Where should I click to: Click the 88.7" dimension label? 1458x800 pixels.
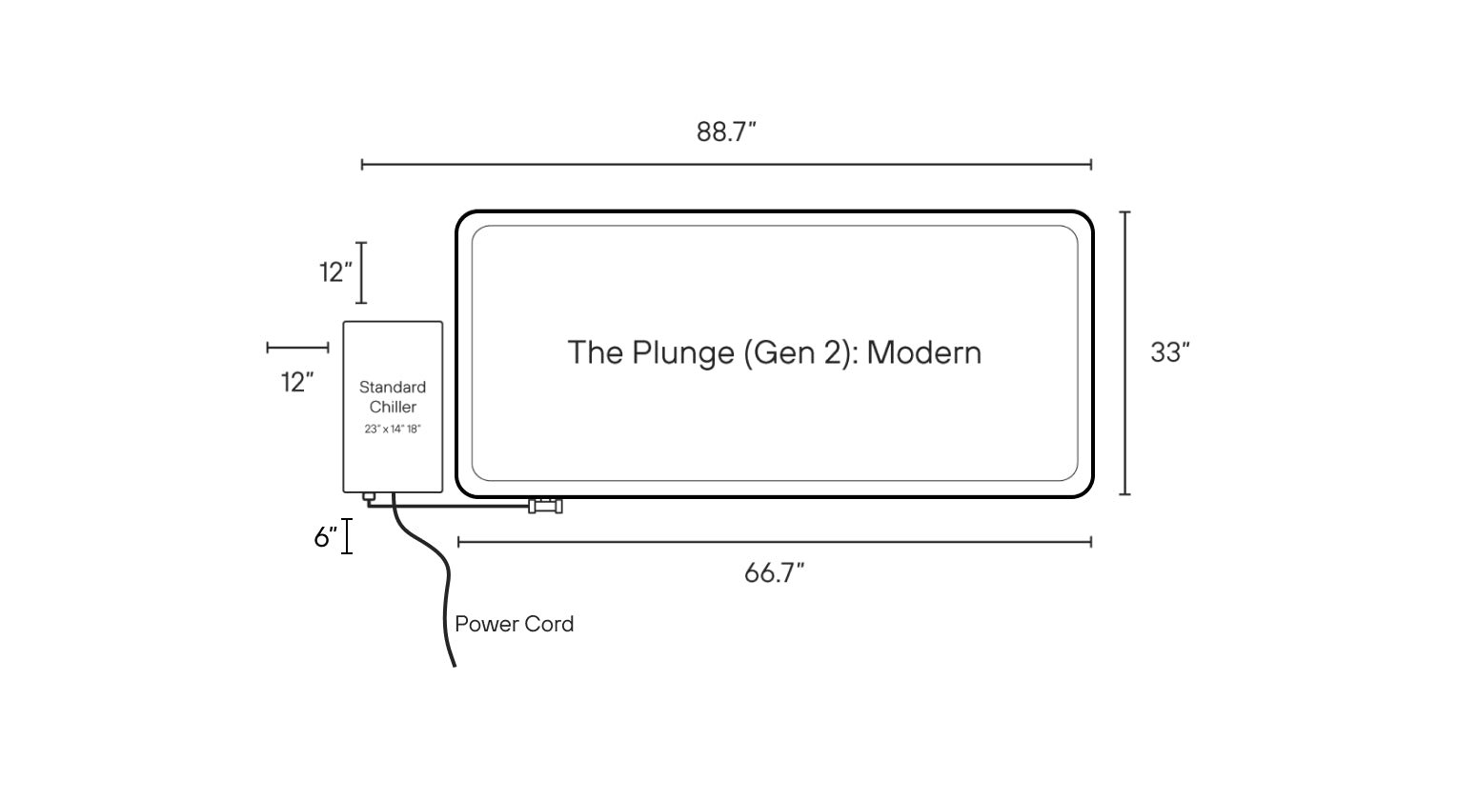(x=726, y=132)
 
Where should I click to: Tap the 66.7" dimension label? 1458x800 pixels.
(x=774, y=573)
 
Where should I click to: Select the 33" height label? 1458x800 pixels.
(x=1169, y=352)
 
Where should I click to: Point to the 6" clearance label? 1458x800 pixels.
(x=326, y=536)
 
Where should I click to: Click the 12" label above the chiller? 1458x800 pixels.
(x=335, y=271)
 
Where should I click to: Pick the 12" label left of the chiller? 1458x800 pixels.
(x=297, y=383)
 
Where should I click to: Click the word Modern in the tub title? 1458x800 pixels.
(x=923, y=352)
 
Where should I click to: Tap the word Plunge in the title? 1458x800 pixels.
(x=683, y=353)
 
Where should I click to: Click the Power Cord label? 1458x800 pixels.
(x=515, y=624)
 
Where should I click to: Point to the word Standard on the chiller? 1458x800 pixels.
(x=393, y=387)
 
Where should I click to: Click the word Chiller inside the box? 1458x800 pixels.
(x=393, y=407)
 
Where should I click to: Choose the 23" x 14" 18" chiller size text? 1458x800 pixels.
(x=393, y=429)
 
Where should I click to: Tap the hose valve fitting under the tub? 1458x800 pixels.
(x=545, y=506)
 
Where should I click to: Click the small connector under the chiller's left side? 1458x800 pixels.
(x=369, y=497)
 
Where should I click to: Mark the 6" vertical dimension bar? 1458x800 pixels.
(x=348, y=536)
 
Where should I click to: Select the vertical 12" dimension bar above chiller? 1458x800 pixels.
(x=361, y=272)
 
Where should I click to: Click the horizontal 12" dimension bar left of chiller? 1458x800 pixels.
(x=297, y=348)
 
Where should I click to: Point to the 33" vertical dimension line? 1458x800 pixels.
(x=1124, y=353)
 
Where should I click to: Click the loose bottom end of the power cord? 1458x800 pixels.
(x=455, y=666)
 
